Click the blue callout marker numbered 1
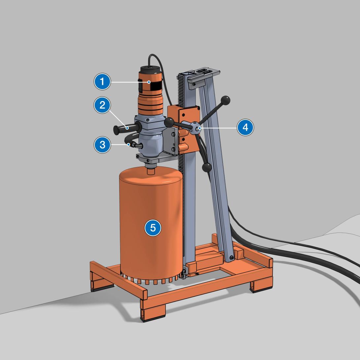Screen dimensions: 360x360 click(x=103, y=82)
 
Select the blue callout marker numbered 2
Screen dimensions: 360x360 click(x=103, y=105)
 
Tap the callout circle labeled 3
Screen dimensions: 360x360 click(x=103, y=145)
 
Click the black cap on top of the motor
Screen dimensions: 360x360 click(x=150, y=69)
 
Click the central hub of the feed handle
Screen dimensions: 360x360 click(x=196, y=127)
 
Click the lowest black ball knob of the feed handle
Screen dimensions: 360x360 click(x=207, y=167)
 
